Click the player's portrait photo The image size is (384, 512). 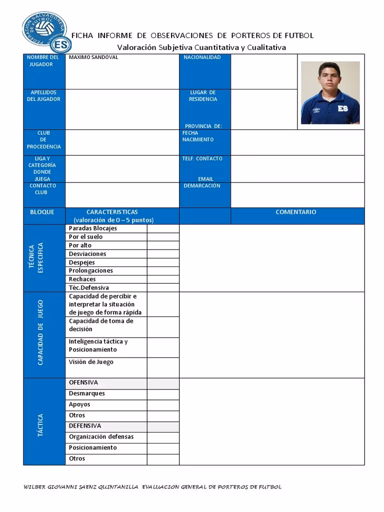coord(330,92)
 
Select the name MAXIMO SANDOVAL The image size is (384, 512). coord(93,57)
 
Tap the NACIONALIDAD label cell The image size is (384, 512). coord(202,57)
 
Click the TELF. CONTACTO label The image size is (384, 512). coord(202,158)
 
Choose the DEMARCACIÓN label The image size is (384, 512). coord(201,185)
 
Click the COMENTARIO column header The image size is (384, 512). coord(296,212)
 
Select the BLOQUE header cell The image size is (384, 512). coord(42,212)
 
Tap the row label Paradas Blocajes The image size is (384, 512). coord(93,228)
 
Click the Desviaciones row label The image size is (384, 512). coord(87,254)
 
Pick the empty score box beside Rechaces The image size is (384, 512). coord(162,279)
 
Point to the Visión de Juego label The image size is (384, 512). coord(91,362)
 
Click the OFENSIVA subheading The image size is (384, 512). coord(83,382)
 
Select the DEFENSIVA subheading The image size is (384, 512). coord(85,426)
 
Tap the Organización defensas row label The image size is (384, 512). coord(101,437)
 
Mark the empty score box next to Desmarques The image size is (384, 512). coord(162,394)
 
